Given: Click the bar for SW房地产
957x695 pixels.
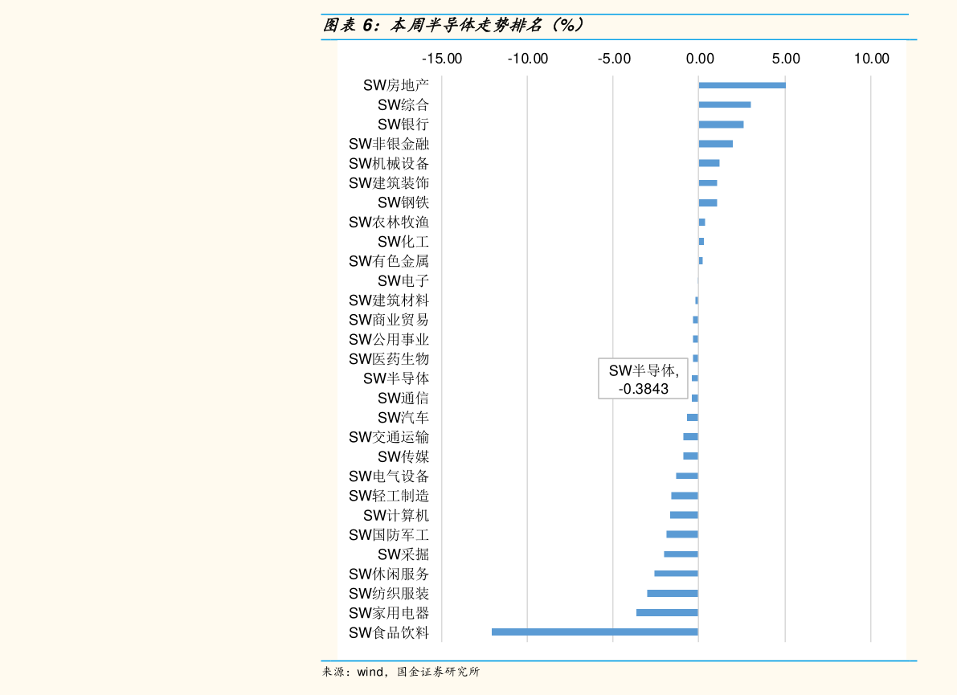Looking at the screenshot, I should click(742, 85).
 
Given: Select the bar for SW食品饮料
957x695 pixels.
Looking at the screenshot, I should click(595, 632).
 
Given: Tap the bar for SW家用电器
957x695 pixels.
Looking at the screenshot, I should click(667, 612).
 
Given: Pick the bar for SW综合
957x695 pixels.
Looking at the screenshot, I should click(725, 104).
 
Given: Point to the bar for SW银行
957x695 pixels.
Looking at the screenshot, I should click(721, 125).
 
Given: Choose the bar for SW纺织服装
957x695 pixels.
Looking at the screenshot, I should click(673, 593).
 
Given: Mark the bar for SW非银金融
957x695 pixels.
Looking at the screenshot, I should click(715, 144).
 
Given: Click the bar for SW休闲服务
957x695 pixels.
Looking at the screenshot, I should click(676, 574).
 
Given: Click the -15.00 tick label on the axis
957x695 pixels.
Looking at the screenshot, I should click(443, 59).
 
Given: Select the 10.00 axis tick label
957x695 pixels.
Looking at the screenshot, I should click(872, 59).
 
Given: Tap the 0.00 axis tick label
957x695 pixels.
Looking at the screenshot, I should click(700, 59).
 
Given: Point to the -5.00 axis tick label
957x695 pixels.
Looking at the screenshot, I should click(614, 59).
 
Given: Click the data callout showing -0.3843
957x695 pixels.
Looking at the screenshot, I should click(644, 379).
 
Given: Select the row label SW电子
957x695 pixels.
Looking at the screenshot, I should click(403, 280).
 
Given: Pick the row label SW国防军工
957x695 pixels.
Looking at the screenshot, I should click(389, 534).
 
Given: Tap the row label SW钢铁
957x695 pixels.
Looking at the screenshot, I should click(403, 202).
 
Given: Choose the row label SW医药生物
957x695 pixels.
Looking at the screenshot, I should click(389, 358).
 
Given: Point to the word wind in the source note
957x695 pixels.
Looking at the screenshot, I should click(370, 672).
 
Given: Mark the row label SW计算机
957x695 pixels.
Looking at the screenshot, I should click(396, 515).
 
